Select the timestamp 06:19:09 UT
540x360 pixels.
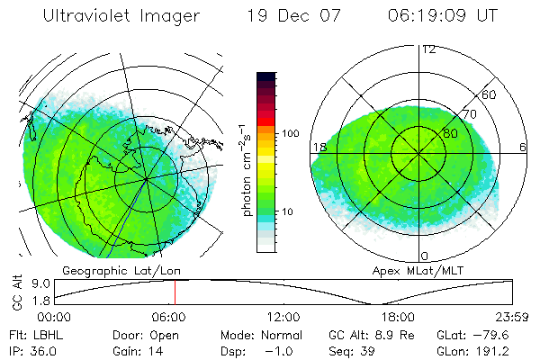point(443,16)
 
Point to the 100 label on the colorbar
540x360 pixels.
point(292,133)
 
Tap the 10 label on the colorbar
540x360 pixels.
point(288,212)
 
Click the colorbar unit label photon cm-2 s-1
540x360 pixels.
point(247,168)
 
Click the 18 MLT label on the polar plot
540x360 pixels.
point(318,147)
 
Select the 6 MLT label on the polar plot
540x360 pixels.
point(523,147)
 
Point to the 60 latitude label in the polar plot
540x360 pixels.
point(490,94)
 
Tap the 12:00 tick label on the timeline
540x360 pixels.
point(283,317)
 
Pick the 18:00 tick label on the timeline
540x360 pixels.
point(398,317)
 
